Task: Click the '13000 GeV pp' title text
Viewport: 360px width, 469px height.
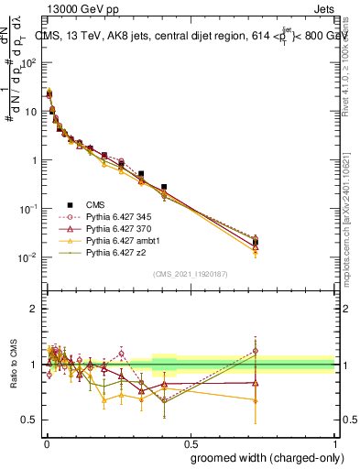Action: (x=76, y=8)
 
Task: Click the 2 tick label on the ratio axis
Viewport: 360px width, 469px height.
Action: (x=34, y=309)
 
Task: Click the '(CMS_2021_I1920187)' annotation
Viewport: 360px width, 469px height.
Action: (x=190, y=273)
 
